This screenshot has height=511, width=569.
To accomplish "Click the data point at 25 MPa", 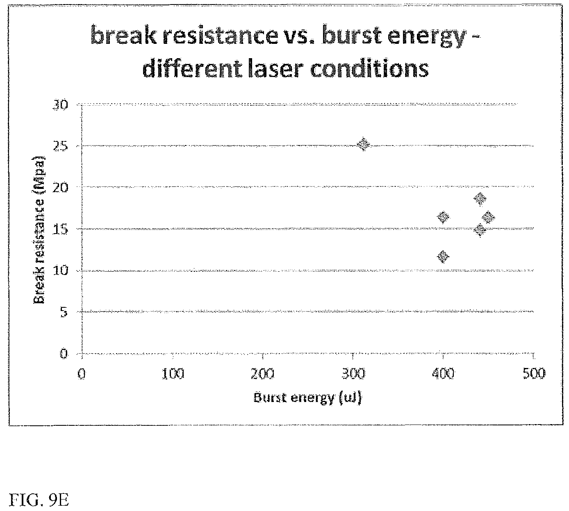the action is click(x=364, y=144).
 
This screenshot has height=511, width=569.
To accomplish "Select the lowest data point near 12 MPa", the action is click(x=443, y=257).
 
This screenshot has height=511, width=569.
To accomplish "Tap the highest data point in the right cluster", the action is click(x=480, y=199).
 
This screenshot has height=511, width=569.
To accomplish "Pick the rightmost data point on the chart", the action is click(x=488, y=217).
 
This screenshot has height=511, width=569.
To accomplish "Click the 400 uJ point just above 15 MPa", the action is click(x=443, y=217).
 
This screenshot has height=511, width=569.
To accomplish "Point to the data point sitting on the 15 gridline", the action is click(x=480, y=230).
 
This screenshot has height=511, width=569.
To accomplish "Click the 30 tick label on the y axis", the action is click(x=60, y=105).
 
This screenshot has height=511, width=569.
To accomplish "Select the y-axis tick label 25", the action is click(x=60, y=146).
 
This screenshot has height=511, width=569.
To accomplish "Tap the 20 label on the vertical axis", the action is click(x=60, y=187).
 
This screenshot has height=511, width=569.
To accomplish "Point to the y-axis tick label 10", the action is click(x=60, y=270).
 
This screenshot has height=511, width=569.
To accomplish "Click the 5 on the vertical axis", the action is click(x=64, y=312).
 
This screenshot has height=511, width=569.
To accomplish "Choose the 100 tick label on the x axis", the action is click(x=173, y=374).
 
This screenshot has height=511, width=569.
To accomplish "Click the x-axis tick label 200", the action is click(x=263, y=374).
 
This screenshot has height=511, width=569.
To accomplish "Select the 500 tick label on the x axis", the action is click(x=534, y=374).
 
